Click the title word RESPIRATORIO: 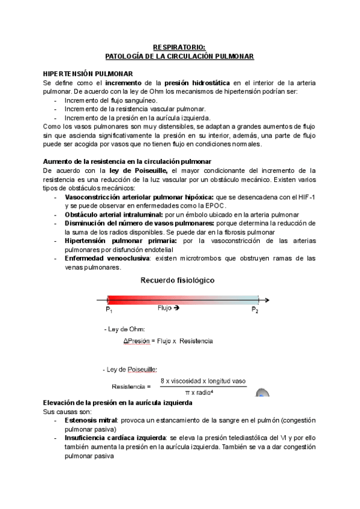pyautogui.click(x=179, y=47)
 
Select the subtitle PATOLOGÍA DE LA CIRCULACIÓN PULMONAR pyautogui.click(x=179, y=56)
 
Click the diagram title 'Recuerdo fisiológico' pyautogui.click(x=178, y=280)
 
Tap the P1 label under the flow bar pyautogui.click(x=109, y=310)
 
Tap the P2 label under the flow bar pyautogui.click(x=255, y=310)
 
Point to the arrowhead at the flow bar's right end pyautogui.click(x=267, y=300)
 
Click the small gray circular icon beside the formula pyautogui.click(x=262, y=394)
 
